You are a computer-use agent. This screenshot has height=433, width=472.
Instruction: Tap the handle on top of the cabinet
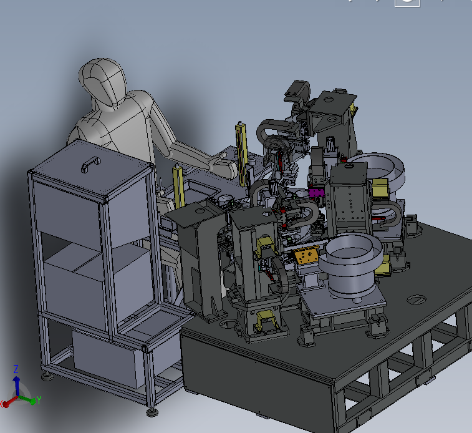[x=90, y=163]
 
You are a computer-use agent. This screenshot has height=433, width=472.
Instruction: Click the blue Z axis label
[x=16, y=369]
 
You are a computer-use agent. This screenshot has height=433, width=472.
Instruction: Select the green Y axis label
[x=39, y=400]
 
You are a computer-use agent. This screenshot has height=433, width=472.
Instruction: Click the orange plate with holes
[x=306, y=255]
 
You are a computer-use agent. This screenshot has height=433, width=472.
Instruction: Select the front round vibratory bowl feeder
[x=350, y=265]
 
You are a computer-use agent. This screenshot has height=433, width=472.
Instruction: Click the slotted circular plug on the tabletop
[x=417, y=299]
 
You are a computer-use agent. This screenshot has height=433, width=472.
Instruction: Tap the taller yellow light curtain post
[x=241, y=153]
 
